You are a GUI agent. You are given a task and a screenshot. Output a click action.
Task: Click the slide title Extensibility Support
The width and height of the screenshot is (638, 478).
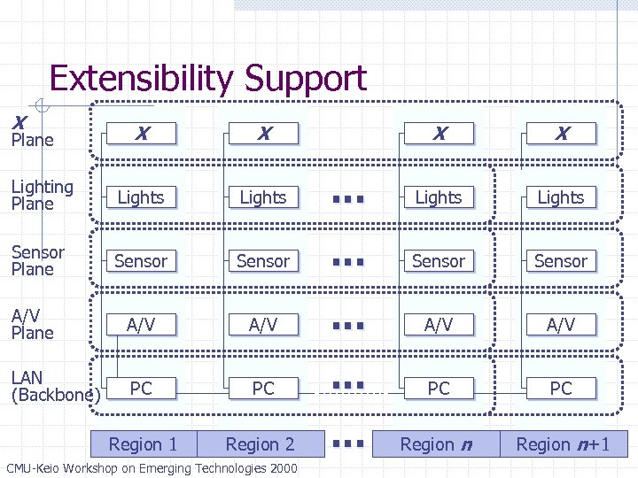pyautogui.click(x=207, y=78)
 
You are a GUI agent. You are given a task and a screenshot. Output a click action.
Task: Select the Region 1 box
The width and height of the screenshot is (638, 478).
pyautogui.click(x=143, y=444)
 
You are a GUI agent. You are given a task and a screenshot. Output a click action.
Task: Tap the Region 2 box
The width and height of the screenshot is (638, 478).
pyautogui.click(x=260, y=444)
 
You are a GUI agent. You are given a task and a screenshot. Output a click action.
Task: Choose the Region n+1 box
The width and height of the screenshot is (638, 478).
pyautogui.click(x=564, y=444)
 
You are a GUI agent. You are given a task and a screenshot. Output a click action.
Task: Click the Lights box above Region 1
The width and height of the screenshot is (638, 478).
pyautogui.click(x=141, y=197)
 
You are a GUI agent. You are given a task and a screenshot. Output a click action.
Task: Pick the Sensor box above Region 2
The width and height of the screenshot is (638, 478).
pyautogui.click(x=263, y=261)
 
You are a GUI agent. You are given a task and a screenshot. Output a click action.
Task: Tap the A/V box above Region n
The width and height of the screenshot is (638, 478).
pyautogui.click(x=439, y=325)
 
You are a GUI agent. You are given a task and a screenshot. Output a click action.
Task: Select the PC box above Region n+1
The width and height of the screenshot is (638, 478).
pyautogui.click(x=561, y=389)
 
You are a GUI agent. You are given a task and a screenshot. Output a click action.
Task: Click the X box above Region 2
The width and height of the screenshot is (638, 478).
pyautogui.click(x=263, y=134)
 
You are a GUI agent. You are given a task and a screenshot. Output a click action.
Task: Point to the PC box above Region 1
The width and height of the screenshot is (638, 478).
pyautogui.click(x=141, y=389)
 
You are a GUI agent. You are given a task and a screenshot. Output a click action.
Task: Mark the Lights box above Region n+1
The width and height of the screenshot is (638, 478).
pyautogui.click(x=561, y=197)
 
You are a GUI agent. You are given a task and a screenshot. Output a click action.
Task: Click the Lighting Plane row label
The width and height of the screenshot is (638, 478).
pyautogui.click(x=42, y=195)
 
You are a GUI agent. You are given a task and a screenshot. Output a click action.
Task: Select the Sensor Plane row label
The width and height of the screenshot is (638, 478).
pyautogui.click(x=37, y=260)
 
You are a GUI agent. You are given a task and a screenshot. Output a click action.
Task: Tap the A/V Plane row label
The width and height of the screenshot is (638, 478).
pyautogui.click(x=33, y=324)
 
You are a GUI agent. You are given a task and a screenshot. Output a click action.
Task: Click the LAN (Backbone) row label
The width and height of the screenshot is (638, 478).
pyautogui.click(x=51, y=387)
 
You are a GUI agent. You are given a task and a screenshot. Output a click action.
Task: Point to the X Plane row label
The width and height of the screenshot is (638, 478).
pyautogui.click(x=31, y=132)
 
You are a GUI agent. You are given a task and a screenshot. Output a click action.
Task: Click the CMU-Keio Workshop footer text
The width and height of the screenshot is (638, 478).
pyautogui.click(x=152, y=468)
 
